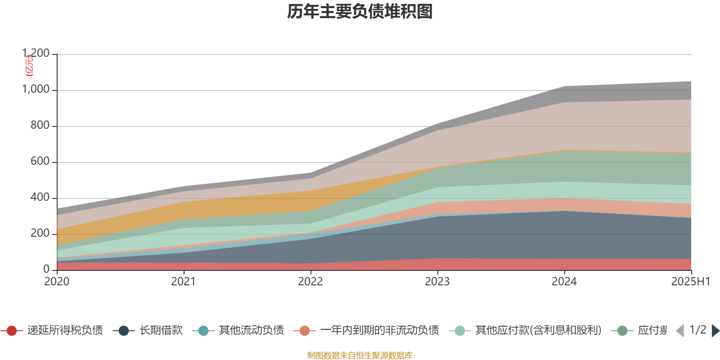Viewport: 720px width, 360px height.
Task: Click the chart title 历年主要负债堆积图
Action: [x=360, y=12]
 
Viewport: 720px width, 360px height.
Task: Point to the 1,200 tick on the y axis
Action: [x=36, y=54]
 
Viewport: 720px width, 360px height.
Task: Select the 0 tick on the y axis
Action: [x=46, y=269]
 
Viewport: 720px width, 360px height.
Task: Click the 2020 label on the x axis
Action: [x=57, y=282]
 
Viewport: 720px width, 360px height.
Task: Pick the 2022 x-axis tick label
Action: [x=310, y=282]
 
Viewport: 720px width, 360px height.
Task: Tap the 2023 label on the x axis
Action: [x=437, y=282]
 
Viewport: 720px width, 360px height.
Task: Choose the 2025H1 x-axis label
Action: [x=690, y=282]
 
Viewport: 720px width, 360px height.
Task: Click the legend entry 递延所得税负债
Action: [x=65, y=331]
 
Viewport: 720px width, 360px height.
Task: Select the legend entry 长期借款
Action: [x=161, y=331]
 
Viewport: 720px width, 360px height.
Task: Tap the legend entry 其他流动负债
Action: [x=251, y=331]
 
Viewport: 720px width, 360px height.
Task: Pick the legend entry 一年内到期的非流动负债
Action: [x=379, y=331]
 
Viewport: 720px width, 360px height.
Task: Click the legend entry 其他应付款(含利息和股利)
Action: [x=538, y=331]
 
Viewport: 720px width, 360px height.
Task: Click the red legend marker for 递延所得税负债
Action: [x=12, y=331]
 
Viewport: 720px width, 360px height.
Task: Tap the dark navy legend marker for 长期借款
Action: [x=124, y=331]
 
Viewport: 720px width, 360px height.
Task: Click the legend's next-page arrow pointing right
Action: [x=715, y=331]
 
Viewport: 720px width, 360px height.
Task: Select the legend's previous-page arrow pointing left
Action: [x=680, y=331]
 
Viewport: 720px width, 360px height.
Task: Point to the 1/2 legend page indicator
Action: [x=697, y=330]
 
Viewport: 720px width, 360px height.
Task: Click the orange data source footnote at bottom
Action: [x=360, y=355]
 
